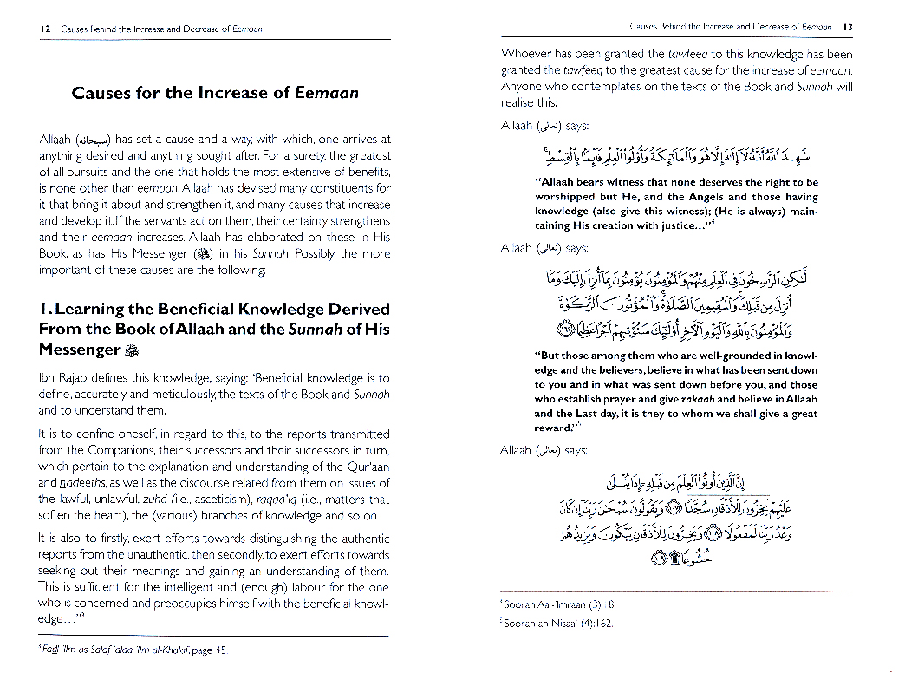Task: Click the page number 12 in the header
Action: (45, 29)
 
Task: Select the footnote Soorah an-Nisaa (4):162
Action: (559, 623)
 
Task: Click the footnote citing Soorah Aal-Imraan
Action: (560, 604)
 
